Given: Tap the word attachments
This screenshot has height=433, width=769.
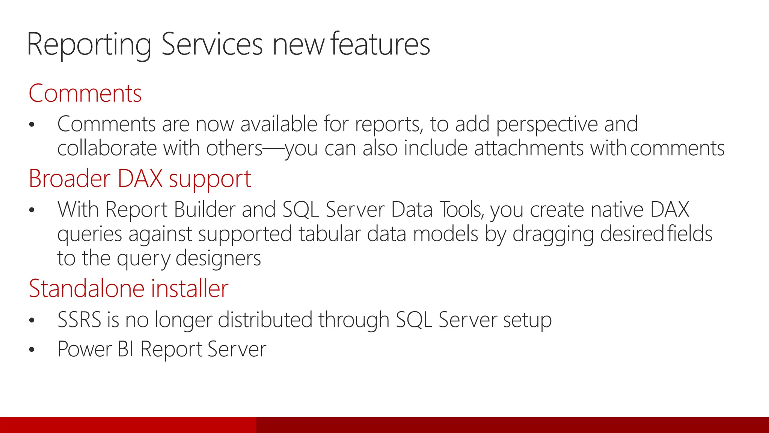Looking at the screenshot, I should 529,148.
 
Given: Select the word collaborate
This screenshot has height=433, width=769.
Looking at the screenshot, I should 107,148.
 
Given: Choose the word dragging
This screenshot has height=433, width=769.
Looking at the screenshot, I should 553,235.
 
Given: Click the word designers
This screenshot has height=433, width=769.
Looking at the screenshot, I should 218,258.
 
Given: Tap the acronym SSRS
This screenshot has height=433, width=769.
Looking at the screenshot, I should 79,320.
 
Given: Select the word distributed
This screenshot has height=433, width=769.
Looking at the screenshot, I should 265,320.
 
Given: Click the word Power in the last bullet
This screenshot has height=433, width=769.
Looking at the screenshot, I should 84,349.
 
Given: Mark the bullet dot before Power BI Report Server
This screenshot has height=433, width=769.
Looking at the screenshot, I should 32,350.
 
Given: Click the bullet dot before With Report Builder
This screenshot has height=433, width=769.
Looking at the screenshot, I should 32,210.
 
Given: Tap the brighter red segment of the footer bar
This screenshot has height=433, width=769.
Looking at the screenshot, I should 128,425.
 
